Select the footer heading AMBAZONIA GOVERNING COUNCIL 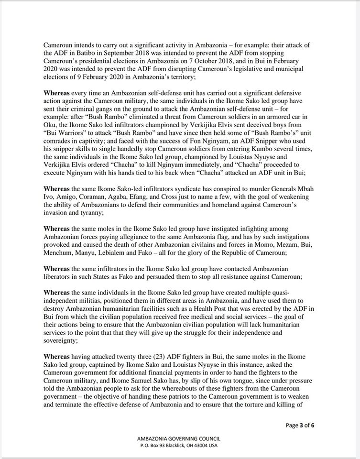[x=179, y=438]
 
